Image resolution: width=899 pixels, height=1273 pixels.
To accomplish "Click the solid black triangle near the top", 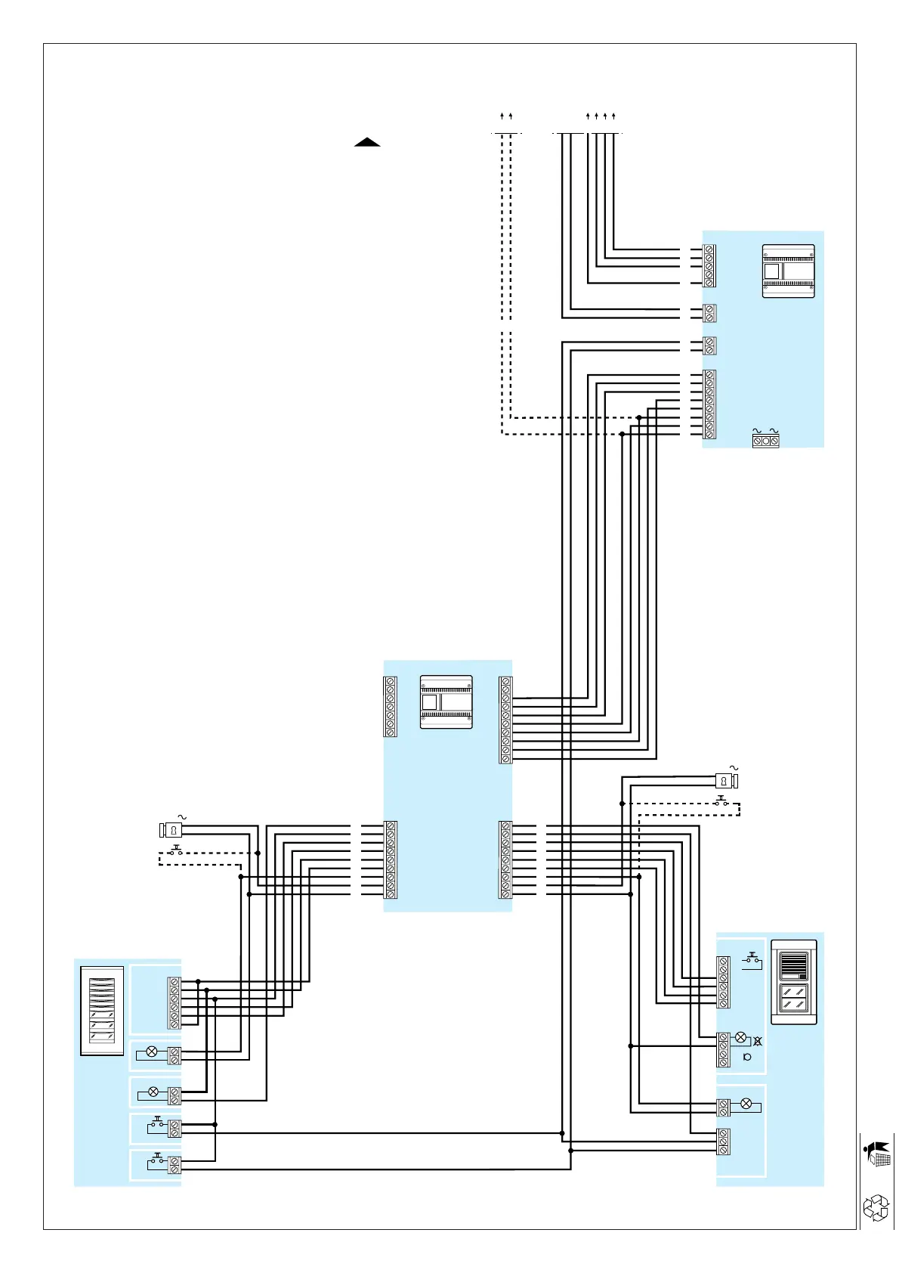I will (x=367, y=142).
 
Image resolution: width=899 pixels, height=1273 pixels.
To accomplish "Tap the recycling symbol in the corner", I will (x=876, y=1207).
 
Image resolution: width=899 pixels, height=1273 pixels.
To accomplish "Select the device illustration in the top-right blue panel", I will (x=788, y=271).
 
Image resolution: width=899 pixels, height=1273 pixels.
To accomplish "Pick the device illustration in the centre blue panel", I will (x=446, y=702).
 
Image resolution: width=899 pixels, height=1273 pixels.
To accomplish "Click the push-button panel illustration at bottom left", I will (x=102, y=1011).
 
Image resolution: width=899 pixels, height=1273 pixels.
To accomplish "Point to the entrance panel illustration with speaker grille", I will (x=793, y=982).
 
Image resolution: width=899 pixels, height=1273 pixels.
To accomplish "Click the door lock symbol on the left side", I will (x=171, y=830).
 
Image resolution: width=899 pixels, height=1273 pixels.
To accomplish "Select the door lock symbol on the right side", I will (x=726, y=781).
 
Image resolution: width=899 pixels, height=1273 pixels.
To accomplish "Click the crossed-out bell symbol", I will (x=757, y=1042).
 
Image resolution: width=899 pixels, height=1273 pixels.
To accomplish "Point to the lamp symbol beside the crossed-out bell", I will (x=740, y=1037).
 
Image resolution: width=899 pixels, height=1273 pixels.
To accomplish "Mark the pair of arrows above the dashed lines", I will (x=506, y=116).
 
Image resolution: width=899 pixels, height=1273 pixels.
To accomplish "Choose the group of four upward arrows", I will (x=601, y=116).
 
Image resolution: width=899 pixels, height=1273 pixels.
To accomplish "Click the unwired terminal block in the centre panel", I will (x=391, y=707).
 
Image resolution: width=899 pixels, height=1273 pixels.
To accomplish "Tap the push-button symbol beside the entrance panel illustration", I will (x=752, y=960).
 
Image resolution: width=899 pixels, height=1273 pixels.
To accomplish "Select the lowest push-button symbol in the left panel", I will (x=158, y=1160).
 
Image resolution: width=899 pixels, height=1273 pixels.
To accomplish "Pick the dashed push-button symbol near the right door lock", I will (x=721, y=801).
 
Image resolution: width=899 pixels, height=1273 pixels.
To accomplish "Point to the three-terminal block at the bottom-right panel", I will (x=724, y=1141).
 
